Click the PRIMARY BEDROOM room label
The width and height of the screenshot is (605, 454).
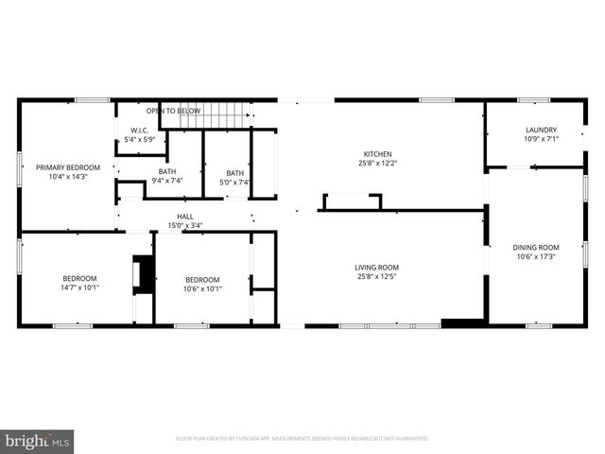[67, 167]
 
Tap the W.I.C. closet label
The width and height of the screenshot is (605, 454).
[138, 131]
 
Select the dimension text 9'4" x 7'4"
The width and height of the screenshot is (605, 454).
[166, 181]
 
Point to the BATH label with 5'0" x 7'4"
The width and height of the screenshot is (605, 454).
[234, 173]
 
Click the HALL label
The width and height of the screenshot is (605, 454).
[184, 217]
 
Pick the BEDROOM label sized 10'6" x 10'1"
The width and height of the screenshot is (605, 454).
[202, 279]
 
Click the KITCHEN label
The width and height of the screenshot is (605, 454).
[377, 154]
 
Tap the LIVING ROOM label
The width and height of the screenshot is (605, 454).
[377, 267]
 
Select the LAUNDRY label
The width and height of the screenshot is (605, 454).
[541, 130]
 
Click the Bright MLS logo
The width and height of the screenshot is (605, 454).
[37, 441]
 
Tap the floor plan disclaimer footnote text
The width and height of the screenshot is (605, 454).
[302, 439]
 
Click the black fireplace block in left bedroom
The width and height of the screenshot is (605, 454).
[144, 274]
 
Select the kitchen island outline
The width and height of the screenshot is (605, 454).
[352, 201]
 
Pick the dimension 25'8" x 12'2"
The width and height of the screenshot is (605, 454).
[377, 165]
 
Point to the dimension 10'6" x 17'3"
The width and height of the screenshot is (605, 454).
[536, 257]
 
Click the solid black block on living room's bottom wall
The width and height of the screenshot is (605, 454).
[460, 323]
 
